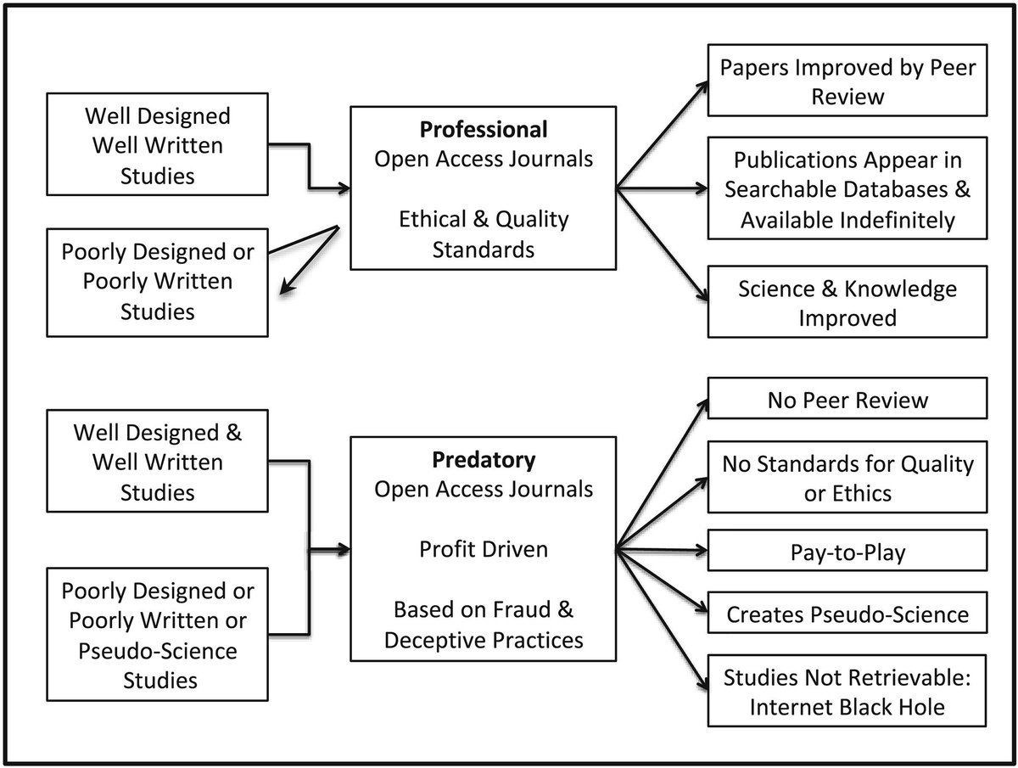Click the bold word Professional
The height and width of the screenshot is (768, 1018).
pyautogui.click(x=484, y=129)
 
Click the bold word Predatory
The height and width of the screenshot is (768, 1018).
pyautogui.click(x=484, y=460)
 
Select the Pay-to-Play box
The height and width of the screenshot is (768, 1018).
pyautogui.click(x=847, y=551)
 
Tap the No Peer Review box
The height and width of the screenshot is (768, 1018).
pyautogui.click(x=847, y=398)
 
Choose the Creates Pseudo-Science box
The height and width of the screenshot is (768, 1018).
pyautogui.click(x=847, y=613)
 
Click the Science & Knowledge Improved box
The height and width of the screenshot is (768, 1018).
pyautogui.click(x=847, y=302)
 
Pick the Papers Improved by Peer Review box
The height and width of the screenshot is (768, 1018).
pyautogui.click(x=847, y=81)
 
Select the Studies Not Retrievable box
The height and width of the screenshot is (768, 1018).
pyautogui.click(x=847, y=691)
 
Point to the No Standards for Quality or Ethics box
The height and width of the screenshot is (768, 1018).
pyautogui.click(x=847, y=477)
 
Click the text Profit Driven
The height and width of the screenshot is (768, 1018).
pyautogui.click(x=484, y=549)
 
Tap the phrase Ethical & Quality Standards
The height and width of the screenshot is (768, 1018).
pyautogui.click(x=484, y=234)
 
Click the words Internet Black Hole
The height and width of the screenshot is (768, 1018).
pyautogui.click(x=847, y=707)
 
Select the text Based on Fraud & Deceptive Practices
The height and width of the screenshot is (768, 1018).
pyautogui.click(x=484, y=625)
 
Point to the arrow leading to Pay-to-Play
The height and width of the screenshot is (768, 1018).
pyautogui.click(x=662, y=551)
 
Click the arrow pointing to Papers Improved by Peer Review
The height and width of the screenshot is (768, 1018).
pyautogui.click(x=662, y=134)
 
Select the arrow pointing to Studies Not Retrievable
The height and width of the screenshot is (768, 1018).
pyautogui.click(x=662, y=620)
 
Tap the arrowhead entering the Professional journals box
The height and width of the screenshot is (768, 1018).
pyautogui.click(x=344, y=188)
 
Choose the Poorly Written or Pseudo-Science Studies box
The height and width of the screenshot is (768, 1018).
pyautogui.click(x=157, y=634)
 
